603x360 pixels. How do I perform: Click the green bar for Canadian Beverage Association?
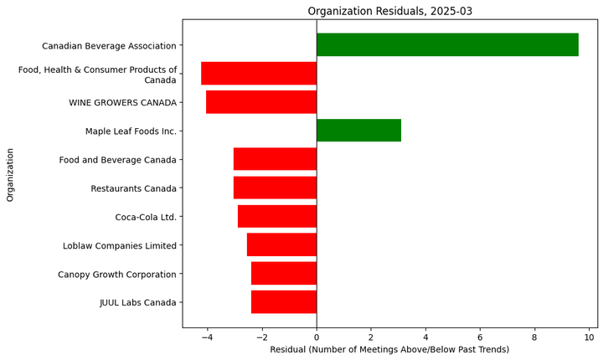point(447,45)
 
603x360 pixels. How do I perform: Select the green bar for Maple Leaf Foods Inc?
point(358,131)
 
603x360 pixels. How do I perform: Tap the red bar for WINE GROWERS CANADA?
point(261,102)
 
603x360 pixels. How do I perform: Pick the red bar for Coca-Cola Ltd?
point(277,217)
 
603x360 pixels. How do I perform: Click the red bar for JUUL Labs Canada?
point(284,302)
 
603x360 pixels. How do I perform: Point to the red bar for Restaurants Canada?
point(275,188)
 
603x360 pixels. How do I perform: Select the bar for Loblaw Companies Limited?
point(281,245)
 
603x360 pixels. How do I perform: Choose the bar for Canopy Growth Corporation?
point(284,274)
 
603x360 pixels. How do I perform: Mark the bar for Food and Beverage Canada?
point(275,159)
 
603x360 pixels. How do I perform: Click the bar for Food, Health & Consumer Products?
point(259,74)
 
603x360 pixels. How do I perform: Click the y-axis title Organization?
point(11,174)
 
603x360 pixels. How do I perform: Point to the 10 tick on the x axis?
point(589,337)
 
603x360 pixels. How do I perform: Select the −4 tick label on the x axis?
point(207,337)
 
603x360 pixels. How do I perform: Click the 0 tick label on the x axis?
point(317,337)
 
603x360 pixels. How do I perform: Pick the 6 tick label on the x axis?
point(480,337)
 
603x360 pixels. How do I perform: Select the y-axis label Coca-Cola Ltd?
point(146,217)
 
